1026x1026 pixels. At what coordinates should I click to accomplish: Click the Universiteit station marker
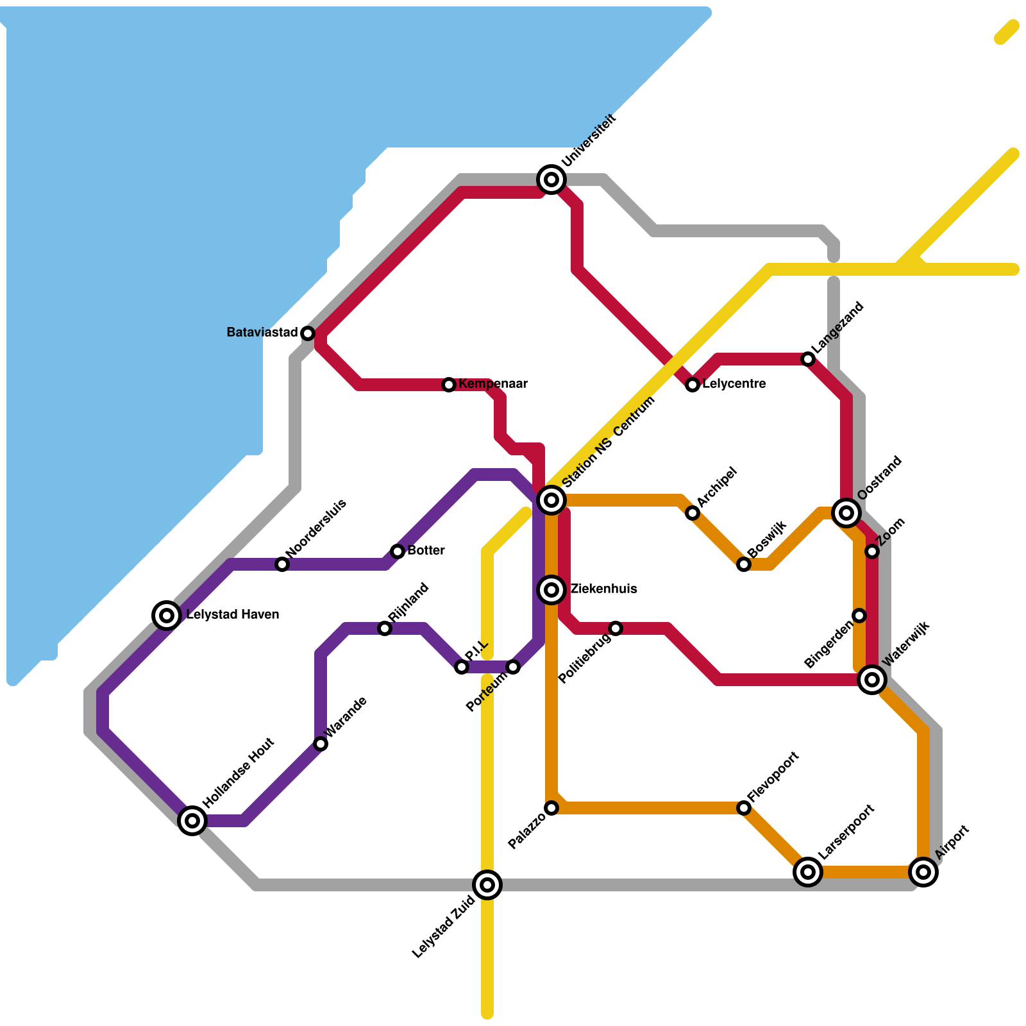551,180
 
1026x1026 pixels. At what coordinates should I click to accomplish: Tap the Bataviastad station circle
308,333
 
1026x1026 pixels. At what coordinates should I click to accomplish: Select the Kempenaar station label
493,384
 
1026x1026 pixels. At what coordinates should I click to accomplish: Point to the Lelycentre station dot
693,385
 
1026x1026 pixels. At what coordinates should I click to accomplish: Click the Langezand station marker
808,359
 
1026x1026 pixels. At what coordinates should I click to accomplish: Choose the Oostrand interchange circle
846,512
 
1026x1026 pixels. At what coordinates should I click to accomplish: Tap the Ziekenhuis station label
603,589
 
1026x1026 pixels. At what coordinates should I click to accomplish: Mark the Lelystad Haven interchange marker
167,615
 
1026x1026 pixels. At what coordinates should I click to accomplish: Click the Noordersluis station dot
282,564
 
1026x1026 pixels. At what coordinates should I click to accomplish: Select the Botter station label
426,551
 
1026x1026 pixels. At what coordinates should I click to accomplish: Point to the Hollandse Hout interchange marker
192,820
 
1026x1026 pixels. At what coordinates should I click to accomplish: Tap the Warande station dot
321,744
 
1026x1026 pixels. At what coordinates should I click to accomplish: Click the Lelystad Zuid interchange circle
487,885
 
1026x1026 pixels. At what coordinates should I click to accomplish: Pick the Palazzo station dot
551,808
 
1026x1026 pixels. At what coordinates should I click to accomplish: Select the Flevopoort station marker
744,808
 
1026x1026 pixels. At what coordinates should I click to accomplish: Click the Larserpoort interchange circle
808,871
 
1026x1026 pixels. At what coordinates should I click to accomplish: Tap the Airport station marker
923,871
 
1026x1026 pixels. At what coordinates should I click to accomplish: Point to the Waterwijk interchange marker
872,679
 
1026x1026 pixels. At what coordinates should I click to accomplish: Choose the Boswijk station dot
744,564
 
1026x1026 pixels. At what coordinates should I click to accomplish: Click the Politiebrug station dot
616,628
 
